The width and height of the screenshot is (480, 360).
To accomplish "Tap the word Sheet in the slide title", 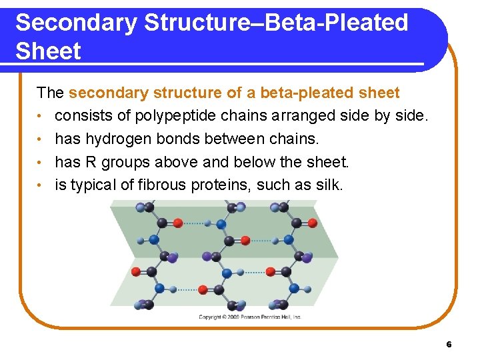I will pos(48,51).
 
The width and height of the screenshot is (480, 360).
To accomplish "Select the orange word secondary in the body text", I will pos(100,93).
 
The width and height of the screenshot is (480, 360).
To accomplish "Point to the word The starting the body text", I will pos(50,93).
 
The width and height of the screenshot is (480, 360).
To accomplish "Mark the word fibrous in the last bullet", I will pos(164,185).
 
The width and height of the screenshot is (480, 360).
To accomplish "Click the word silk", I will pos(329,185).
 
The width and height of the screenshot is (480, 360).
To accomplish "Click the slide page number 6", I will pos(449,345).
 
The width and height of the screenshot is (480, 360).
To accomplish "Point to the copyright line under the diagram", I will pos(249,317).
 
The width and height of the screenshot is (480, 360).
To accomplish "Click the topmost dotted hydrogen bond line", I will pos(195,223).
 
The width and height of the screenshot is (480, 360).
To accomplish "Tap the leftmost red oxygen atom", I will pos(137,272).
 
